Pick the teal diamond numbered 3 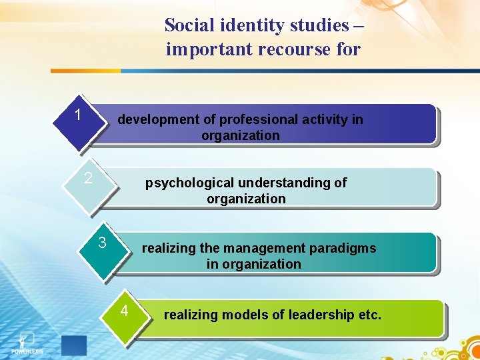[103, 246]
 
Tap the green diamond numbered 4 [125, 313]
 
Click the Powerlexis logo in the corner [27, 341]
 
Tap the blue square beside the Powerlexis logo [73, 345]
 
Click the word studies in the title [319, 25]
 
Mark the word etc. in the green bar [370, 315]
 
